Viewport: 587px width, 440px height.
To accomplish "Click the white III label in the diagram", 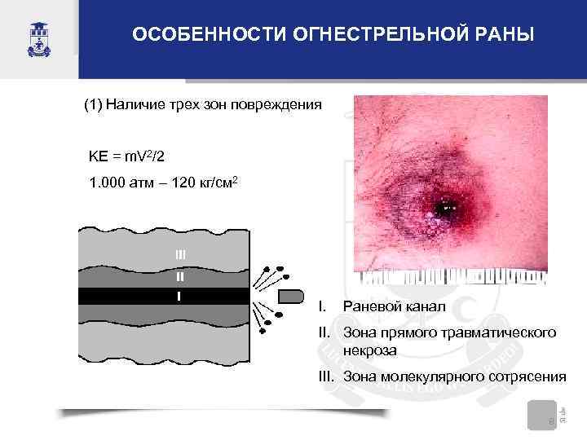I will tap(180, 255).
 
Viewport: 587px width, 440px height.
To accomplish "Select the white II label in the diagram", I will tap(180, 276).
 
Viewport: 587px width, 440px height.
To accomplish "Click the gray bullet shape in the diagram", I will tap(291, 295).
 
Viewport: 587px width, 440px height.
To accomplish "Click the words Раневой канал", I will tap(395, 307).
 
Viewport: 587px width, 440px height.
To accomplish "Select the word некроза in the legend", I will tap(371, 350).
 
